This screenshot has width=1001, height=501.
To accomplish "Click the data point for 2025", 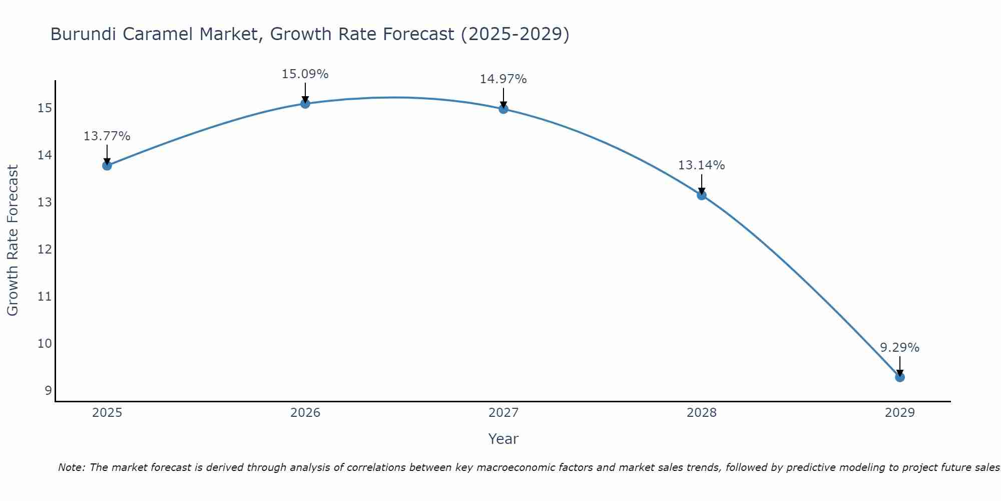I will click(x=107, y=165).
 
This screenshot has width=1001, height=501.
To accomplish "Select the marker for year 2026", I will click(x=305, y=103).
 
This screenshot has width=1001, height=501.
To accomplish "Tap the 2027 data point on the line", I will click(x=504, y=109).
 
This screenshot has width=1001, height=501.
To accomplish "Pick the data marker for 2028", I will click(x=702, y=195).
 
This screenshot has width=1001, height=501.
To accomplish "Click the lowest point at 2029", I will click(x=900, y=377).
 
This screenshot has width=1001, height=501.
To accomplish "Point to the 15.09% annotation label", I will click(x=305, y=74).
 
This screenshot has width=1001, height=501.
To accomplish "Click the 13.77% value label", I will click(x=107, y=136).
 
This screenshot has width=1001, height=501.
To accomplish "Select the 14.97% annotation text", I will click(x=503, y=79).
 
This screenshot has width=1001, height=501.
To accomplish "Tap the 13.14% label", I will click(x=701, y=165).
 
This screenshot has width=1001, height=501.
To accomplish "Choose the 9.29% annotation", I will click(x=899, y=348).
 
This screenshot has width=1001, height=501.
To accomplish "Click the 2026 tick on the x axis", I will click(x=305, y=413).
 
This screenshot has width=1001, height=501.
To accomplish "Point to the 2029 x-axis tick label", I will click(x=899, y=413).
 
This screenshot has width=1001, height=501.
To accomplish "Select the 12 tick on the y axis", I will click(x=45, y=249).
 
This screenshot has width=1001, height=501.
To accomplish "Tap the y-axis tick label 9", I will click(x=48, y=391).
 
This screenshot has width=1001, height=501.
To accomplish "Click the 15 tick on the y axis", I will click(x=45, y=108).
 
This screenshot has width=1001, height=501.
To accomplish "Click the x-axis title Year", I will click(x=503, y=439).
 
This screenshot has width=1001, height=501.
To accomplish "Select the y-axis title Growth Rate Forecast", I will click(x=13, y=240).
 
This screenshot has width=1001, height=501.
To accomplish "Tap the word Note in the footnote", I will click(x=72, y=467).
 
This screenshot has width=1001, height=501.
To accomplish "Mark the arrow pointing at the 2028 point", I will click(x=702, y=184).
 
